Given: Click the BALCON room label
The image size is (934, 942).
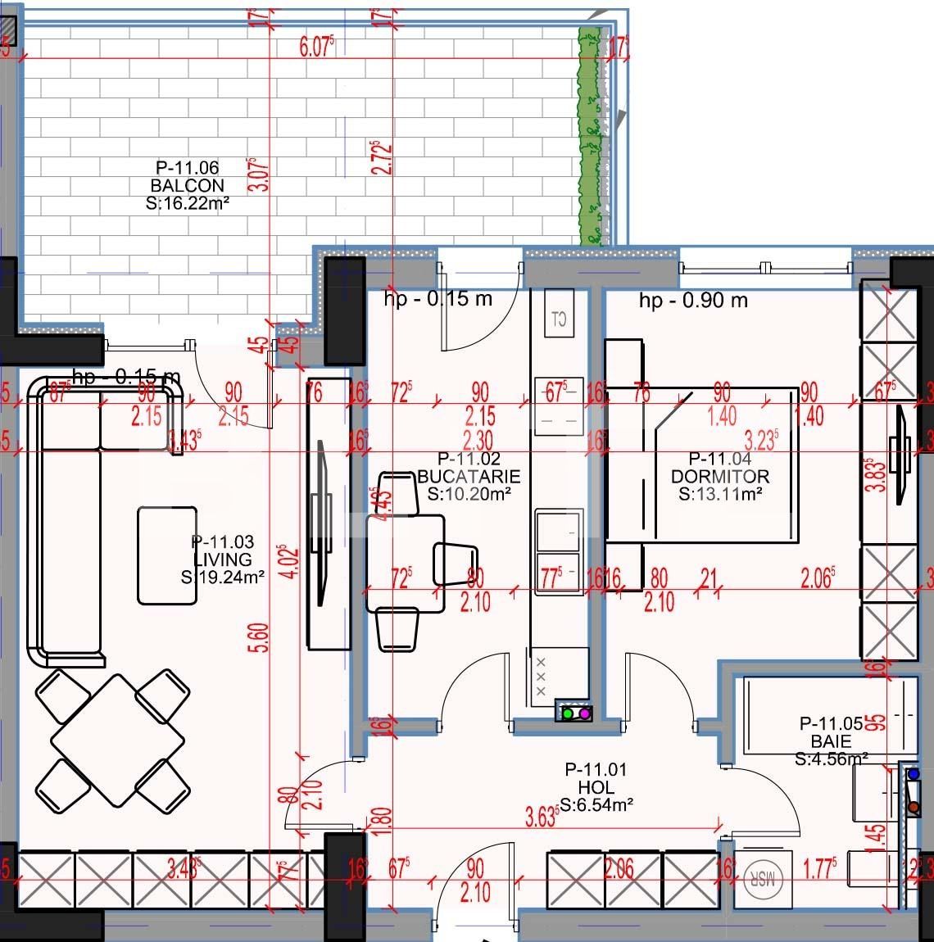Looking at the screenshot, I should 187,186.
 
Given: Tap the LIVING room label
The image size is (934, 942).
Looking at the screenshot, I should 223,559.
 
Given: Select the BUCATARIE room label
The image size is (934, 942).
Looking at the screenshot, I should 468,476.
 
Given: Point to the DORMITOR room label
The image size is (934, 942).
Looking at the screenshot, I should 720,476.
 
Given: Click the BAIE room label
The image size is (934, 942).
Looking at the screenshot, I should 831,741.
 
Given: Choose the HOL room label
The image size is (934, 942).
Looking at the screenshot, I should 596,787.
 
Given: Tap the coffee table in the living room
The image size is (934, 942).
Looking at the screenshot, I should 167,555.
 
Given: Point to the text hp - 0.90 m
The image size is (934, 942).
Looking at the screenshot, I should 693,301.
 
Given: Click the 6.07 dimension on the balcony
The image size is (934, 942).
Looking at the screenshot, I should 317,48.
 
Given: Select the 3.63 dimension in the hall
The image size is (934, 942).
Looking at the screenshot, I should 540,817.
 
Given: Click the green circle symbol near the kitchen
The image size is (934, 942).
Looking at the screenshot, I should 568,713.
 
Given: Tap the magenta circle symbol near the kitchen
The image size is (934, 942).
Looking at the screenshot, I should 585,713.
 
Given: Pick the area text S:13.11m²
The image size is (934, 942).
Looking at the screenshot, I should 720,494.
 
